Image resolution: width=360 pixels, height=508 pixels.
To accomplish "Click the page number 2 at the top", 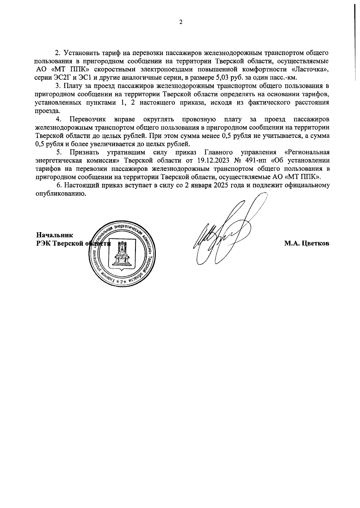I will tap(181, 22).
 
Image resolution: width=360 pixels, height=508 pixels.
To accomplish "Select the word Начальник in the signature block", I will tap(55, 235).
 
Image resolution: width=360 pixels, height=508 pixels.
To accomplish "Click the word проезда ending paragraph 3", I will tap(45, 111).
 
